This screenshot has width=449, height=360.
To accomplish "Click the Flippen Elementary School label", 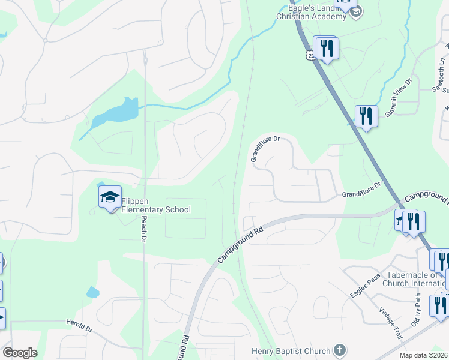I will click(x=156, y=205).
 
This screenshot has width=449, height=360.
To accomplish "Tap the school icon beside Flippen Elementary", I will click(x=110, y=197).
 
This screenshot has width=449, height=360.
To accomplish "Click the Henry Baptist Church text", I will click(x=291, y=351).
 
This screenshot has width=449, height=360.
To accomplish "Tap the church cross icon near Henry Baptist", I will click(x=339, y=350).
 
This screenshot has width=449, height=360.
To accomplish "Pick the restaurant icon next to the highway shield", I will click(x=327, y=48).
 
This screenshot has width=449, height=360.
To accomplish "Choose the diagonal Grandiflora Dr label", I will click(x=265, y=148).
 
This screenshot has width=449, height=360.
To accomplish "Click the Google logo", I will click(x=20, y=353).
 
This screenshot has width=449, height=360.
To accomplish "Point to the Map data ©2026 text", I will click(x=423, y=355).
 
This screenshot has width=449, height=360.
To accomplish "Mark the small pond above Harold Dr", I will click(x=92, y=292).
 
